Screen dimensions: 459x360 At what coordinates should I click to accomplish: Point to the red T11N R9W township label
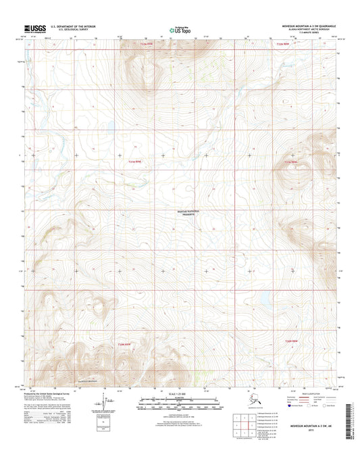click(x=136, y=161)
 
